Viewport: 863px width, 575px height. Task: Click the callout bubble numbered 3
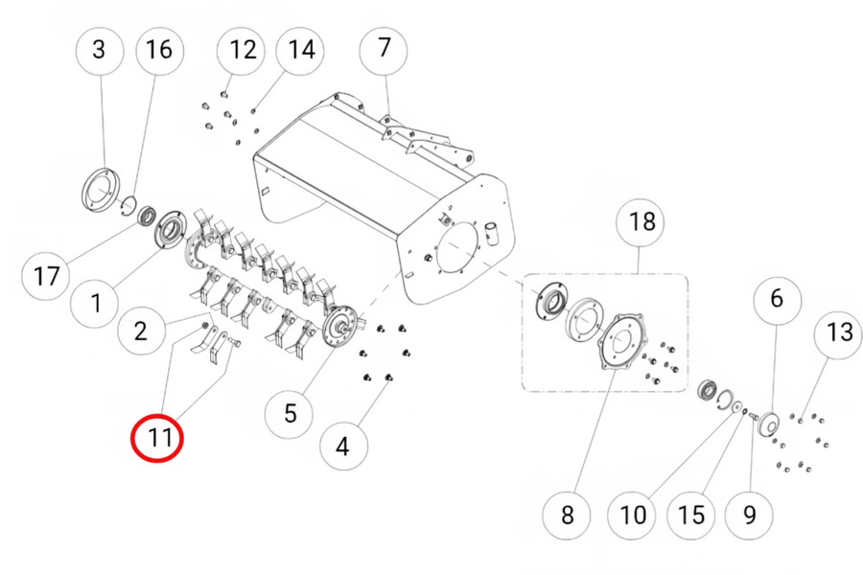pyautogui.click(x=100, y=49)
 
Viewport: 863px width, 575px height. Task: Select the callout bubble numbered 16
pyautogui.click(x=158, y=49)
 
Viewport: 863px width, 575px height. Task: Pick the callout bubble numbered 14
pyautogui.click(x=301, y=49)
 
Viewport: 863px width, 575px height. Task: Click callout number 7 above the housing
pyautogui.click(x=385, y=47)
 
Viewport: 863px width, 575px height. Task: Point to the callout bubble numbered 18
pyautogui.click(x=641, y=222)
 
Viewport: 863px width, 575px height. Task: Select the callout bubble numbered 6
pyautogui.click(x=776, y=298)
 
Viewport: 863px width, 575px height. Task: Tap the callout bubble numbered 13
pyautogui.click(x=839, y=333)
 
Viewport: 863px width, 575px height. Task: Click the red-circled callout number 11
pyautogui.click(x=156, y=439)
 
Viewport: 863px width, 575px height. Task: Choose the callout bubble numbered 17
pyautogui.click(x=46, y=278)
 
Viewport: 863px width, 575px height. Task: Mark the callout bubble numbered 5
pyautogui.click(x=291, y=413)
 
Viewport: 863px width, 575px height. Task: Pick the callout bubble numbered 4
pyautogui.click(x=343, y=445)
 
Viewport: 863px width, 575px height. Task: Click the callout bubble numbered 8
pyautogui.click(x=567, y=515)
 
